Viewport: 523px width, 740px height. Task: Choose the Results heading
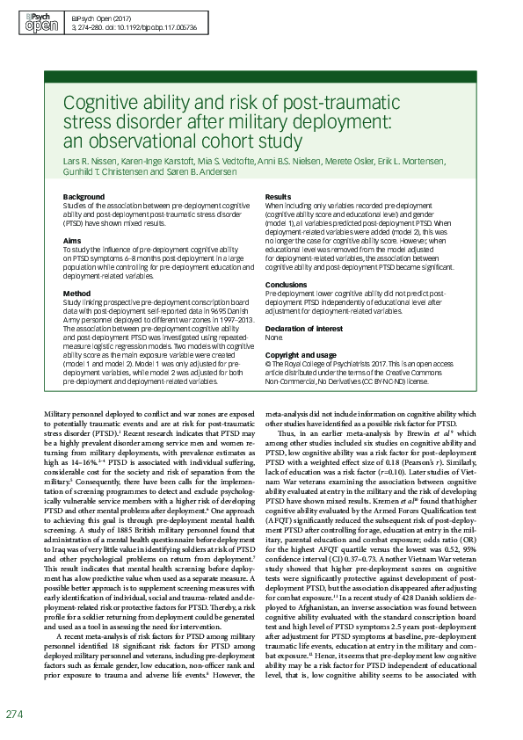[x=278, y=196]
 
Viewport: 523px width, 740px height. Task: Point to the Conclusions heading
[x=286, y=285]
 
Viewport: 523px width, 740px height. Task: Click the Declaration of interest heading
[x=304, y=328]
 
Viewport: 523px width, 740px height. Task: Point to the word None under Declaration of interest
[x=273, y=337]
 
